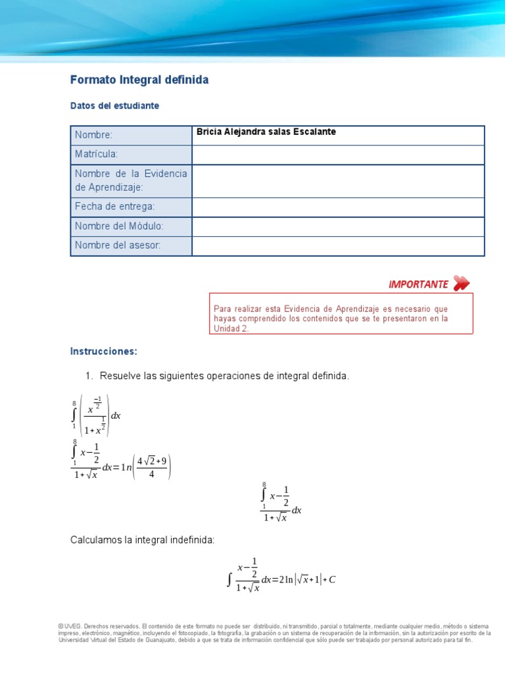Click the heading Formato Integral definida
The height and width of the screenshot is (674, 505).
point(139,80)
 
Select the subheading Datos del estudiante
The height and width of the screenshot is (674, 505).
point(114,105)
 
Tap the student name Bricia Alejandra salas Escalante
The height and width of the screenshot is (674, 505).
point(266,132)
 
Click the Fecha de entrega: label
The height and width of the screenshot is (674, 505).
point(115,207)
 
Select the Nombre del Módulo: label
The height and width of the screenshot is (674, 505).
point(119,226)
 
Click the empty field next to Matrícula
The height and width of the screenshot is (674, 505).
point(338,155)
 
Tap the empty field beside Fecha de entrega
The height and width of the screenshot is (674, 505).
point(338,207)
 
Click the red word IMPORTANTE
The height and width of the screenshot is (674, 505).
point(418,284)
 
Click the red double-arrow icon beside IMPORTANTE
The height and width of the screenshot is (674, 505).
point(462,284)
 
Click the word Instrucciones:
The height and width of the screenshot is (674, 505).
point(104,351)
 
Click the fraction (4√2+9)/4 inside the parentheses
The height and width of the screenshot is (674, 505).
point(151,467)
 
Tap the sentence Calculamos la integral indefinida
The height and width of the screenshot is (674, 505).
point(143,540)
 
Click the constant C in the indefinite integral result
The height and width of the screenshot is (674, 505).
point(331,580)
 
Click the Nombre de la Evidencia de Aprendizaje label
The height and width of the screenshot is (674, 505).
point(131,180)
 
